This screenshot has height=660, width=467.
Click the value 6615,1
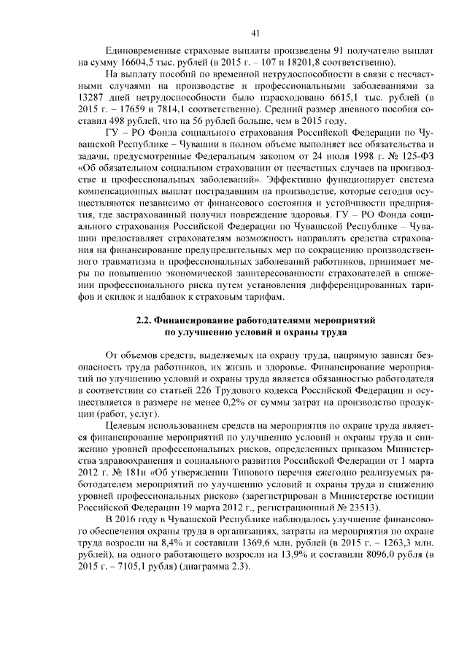point(332,98)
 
